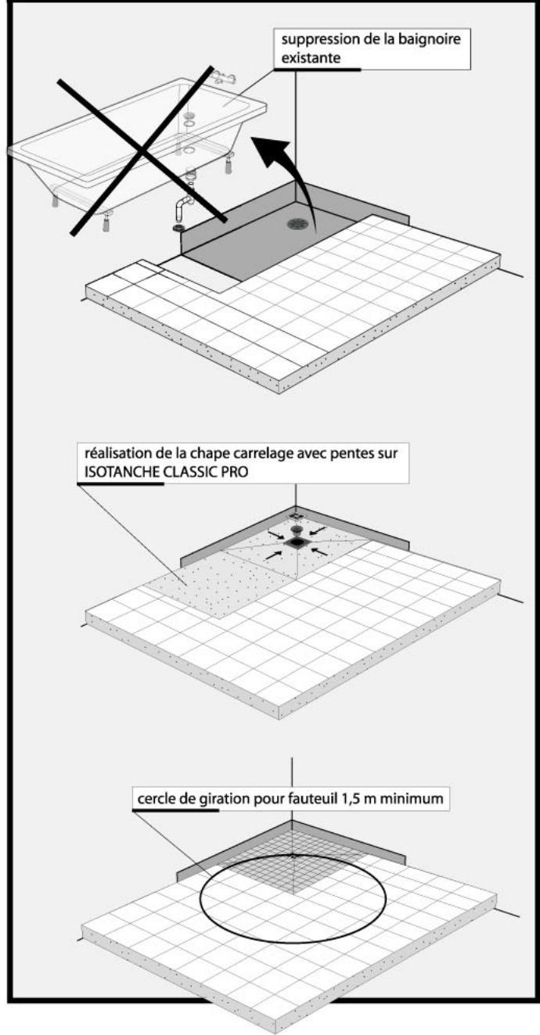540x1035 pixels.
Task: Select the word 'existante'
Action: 311,59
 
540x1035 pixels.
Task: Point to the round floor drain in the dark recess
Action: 297,224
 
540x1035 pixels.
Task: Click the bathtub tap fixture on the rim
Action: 223,77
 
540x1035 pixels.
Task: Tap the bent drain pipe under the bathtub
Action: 182,212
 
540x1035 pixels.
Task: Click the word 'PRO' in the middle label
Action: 236,472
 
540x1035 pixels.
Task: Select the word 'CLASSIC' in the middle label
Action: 193,472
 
